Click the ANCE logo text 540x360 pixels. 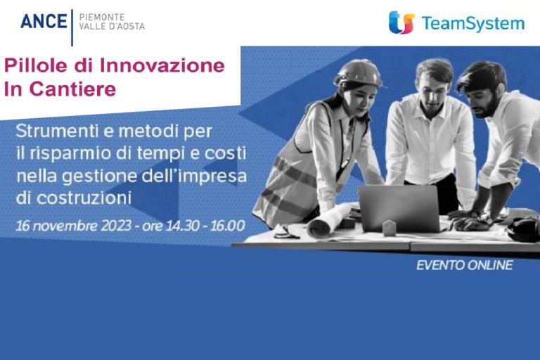point(44,21)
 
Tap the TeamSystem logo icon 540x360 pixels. point(401,22)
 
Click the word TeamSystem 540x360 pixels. point(472,23)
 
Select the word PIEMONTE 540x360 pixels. point(101,17)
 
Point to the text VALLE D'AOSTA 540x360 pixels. point(112,26)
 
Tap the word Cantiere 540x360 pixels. point(72,89)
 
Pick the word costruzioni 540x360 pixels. point(84,198)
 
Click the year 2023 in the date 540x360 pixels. point(116,226)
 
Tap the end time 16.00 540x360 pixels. point(228,226)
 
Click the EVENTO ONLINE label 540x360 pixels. point(465,265)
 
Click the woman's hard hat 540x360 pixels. point(358,73)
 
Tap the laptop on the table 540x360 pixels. point(399,208)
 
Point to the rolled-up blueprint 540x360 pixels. point(330,221)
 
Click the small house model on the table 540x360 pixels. point(389,228)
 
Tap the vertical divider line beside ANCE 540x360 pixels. point(72,27)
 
